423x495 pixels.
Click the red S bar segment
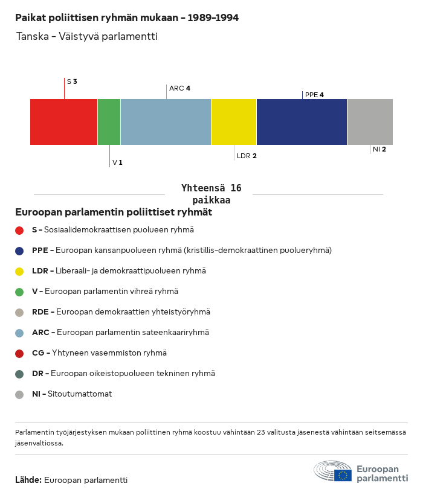pos(63,121)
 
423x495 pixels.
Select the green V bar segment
pos(109,121)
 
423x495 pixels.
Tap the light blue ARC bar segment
pos(166,121)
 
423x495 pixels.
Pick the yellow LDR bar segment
pos(234,121)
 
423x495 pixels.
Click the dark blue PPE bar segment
pos(302,121)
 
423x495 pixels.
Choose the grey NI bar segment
pos(370,121)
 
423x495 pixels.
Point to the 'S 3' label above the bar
pos(72,81)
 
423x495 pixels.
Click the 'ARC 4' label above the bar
pos(179,88)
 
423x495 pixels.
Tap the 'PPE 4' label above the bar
pos(314,95)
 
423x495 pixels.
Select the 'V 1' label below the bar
pos(117,162)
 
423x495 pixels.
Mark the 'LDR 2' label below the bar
pos(247,156)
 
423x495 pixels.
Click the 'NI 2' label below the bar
pos(379,149)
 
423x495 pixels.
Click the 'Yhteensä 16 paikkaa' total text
pos(211,194)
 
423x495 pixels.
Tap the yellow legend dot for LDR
pos(19,271)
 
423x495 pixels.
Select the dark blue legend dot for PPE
pos(19,251)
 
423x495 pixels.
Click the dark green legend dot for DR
pos(19,374)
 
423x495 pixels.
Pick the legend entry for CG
pos(99,353)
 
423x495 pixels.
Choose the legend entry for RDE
pos(121,312)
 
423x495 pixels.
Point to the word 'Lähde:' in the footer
pos(28,480)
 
